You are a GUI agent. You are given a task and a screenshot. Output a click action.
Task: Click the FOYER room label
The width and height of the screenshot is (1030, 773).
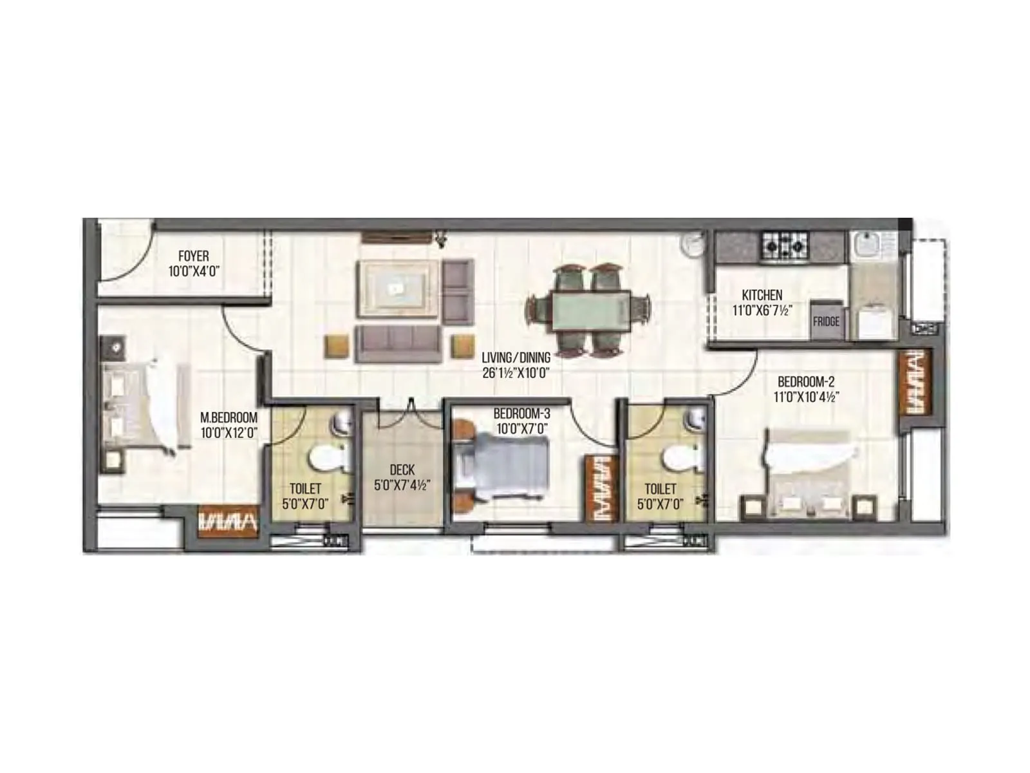click(x=193, y=256)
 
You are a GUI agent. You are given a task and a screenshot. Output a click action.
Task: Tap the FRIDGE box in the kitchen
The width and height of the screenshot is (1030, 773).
click(x=826, y=321)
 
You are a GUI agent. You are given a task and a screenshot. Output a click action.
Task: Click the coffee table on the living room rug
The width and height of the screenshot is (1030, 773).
click(x=394, y=288)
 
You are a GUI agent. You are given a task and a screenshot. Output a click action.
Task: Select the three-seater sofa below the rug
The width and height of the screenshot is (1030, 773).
click(x=398, y=342)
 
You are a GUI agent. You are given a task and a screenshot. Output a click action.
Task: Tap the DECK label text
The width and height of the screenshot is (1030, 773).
click(x=402, y=470)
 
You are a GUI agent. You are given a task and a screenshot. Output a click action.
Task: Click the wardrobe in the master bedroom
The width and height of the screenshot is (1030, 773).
click(x=228, y=519)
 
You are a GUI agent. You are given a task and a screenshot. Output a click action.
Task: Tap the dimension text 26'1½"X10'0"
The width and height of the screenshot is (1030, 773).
click(x=516, y=372)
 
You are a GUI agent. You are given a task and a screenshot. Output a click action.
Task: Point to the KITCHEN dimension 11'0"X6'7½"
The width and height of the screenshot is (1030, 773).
click(x=762, y=310)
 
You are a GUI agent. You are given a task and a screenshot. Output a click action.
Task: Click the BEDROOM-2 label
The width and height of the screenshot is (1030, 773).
click(x=805, y=382)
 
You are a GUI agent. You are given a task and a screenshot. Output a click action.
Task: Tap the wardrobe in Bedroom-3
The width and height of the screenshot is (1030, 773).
click(x=601, y=488)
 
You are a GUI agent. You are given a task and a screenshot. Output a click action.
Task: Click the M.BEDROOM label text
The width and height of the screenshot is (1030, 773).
click(x=229, y=418)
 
